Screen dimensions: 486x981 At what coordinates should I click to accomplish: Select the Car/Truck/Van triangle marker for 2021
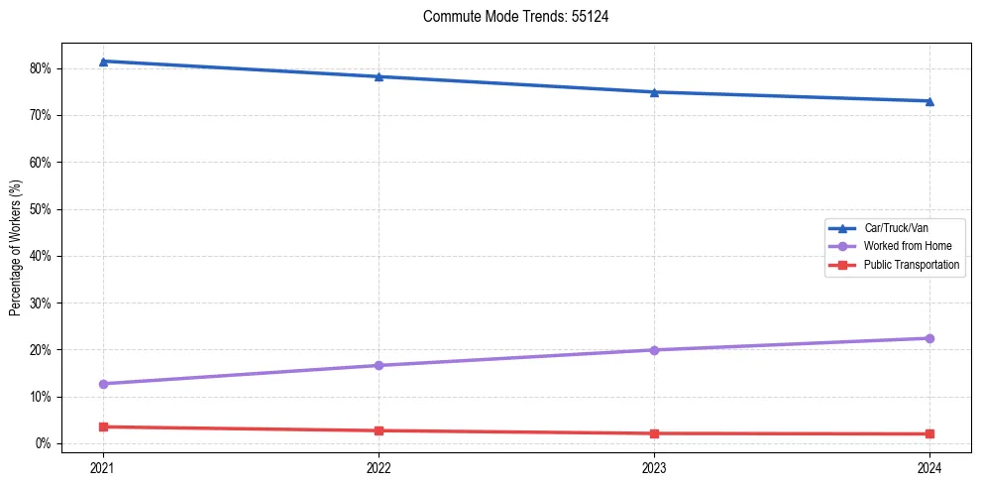[103, 61]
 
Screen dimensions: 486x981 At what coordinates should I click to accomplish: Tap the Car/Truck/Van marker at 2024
[929, 101]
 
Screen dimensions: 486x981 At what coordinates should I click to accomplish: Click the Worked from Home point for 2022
[379, 365]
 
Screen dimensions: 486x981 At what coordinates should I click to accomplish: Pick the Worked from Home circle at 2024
[929, 338]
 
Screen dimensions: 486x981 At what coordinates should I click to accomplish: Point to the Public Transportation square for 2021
[103, 426]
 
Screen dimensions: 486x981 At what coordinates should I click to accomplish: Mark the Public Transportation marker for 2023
[654, 433]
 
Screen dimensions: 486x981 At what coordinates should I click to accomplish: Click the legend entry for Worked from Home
[908, 246]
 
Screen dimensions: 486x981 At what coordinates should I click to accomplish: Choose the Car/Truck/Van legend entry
[896, 228]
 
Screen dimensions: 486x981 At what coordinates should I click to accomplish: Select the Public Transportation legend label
[911, 265]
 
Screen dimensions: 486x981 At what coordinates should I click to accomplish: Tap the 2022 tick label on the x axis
[379, 467]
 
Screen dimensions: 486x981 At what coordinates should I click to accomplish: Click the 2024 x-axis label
[929, 467]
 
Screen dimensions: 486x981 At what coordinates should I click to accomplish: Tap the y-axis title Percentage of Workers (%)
[16, 248]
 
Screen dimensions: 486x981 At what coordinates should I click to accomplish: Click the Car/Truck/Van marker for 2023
[654, 92]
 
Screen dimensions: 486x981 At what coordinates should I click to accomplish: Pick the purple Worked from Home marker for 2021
[103, 384]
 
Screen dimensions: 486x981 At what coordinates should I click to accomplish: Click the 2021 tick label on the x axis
[103, 467]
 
